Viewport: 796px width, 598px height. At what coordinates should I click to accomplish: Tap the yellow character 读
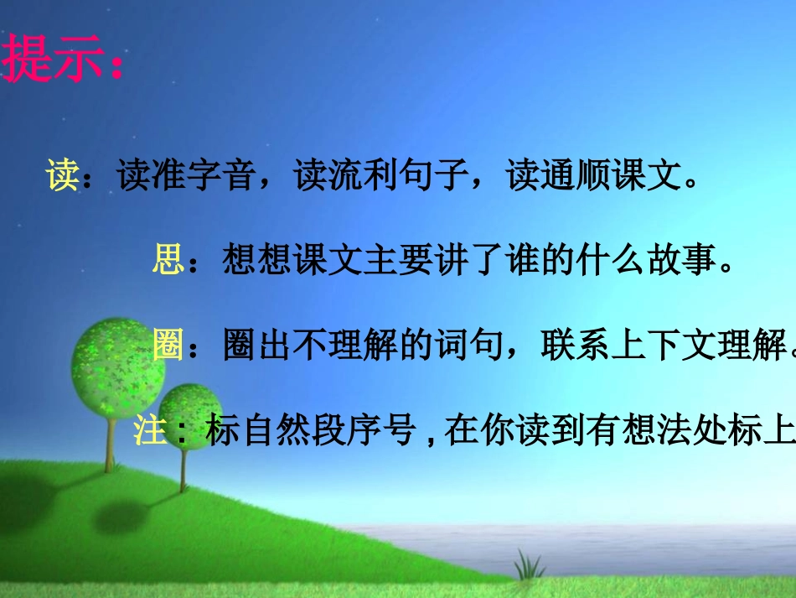pos(63,177)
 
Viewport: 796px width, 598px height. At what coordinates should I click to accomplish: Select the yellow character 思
pos(168,259)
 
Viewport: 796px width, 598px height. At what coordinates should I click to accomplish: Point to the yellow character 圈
pos(168,345)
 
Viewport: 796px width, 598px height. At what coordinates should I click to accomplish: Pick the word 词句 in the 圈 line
pos(469,345)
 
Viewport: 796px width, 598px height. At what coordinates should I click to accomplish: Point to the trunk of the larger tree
pos(109,440)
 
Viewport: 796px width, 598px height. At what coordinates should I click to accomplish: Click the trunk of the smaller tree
pos(183,470)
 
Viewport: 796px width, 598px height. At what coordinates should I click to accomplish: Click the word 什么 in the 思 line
pos(611,259)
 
